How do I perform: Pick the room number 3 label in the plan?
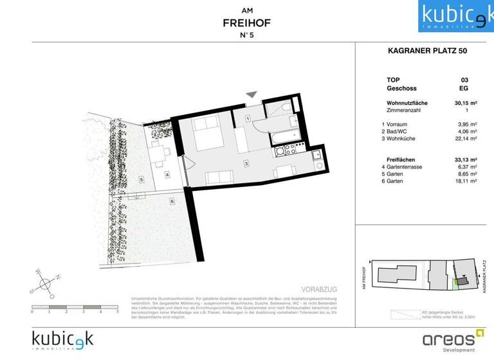click(x=246, y=164)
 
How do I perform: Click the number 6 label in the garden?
click(x=172, y=202)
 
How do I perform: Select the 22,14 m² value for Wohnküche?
click(x=466, y=138)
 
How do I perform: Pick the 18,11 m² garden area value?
click(x=466, y=182)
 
